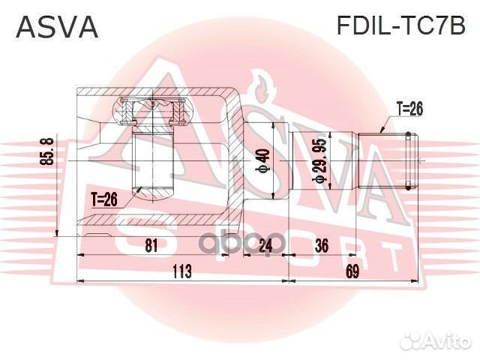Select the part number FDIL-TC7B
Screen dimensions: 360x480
[402, 27]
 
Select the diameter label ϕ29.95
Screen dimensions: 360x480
[320, 161]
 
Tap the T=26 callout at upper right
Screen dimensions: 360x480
[407, 109]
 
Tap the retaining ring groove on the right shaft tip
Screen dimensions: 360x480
[407, 160]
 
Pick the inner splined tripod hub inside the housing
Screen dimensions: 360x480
[153, 160]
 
